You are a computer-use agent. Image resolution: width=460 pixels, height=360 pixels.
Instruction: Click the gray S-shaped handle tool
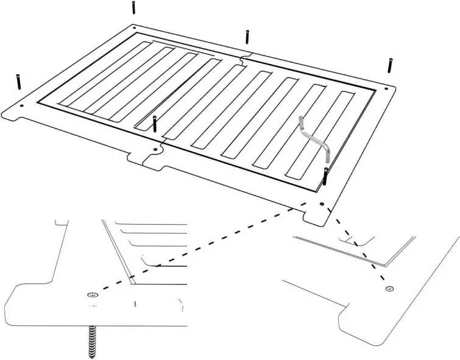click(315, 138)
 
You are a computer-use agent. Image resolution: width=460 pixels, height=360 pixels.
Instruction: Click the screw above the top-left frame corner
click(133, 8)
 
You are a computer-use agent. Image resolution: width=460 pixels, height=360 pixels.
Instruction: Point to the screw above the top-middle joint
click(247, 36)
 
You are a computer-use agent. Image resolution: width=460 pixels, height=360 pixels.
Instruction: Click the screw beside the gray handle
click(326, 175)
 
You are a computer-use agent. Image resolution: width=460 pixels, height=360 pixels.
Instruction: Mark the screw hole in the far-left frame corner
click(23, 105)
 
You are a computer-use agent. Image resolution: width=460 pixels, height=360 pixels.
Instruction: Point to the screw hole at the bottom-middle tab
click(155, 149)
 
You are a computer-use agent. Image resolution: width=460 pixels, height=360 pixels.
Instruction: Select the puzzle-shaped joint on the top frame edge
click(244, 60)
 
